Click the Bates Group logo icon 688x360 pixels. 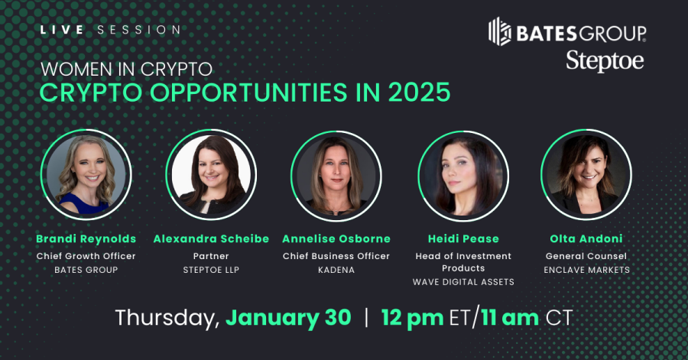(x=500, y=31)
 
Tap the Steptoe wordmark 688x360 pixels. (x=604, y=60)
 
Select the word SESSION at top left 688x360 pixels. (x=140, y=30)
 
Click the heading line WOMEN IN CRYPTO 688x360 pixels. (x=126, y=68)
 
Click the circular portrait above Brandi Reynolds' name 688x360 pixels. (x=86, y=175)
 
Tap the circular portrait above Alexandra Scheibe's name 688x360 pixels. (x=211, y=175)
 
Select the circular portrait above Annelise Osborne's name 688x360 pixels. (x=336, y=175)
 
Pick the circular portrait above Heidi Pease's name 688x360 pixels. (x=462, y=175)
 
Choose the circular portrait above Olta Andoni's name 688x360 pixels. (x=586, y=175)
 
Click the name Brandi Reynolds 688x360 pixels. (x=86, y=238)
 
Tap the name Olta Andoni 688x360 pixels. (x=586, y=238)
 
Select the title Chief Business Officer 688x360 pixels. (x=336, y=256)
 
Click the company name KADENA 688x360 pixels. (x=336, y=270)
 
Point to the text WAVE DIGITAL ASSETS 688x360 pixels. (x=462, y=282)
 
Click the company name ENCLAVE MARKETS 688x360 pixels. (x=586, y=270)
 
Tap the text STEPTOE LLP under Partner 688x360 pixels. (x=211, y=270)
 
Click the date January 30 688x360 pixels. (x=288, y=317)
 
